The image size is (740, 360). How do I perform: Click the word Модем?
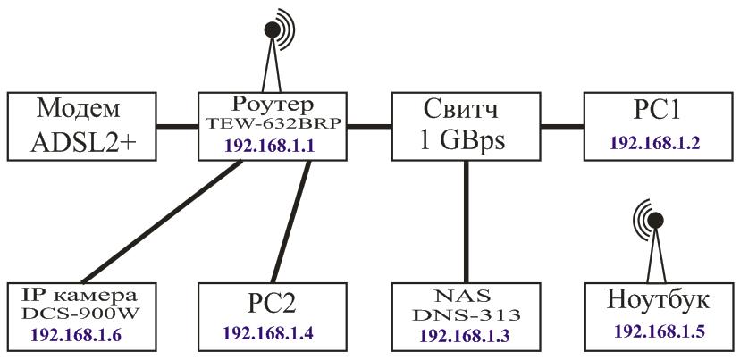[x=80, y=110]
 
